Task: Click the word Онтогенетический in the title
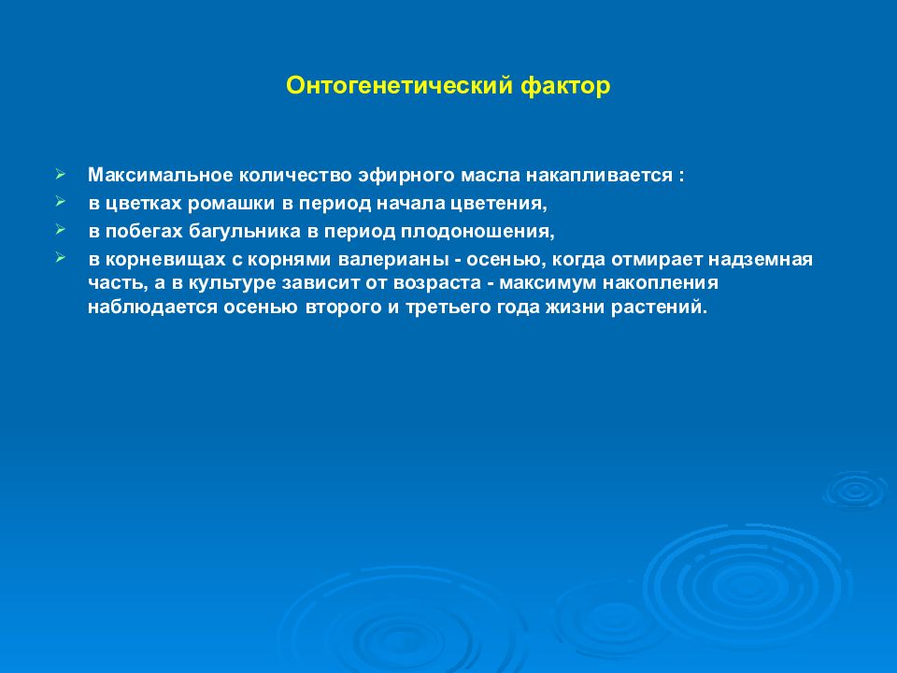(x=399, y=86)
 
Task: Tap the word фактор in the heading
(x=565, y=86)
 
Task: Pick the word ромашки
(x=231, y=204)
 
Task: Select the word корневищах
(x=165, y=260)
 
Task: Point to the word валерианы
(x=393, y=260)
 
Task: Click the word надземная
(x=761, y=260)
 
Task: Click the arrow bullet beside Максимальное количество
(x=61, y=174)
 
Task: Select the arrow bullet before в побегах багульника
(x=61, y=230)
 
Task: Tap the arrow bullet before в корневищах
(x=61, y=258)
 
